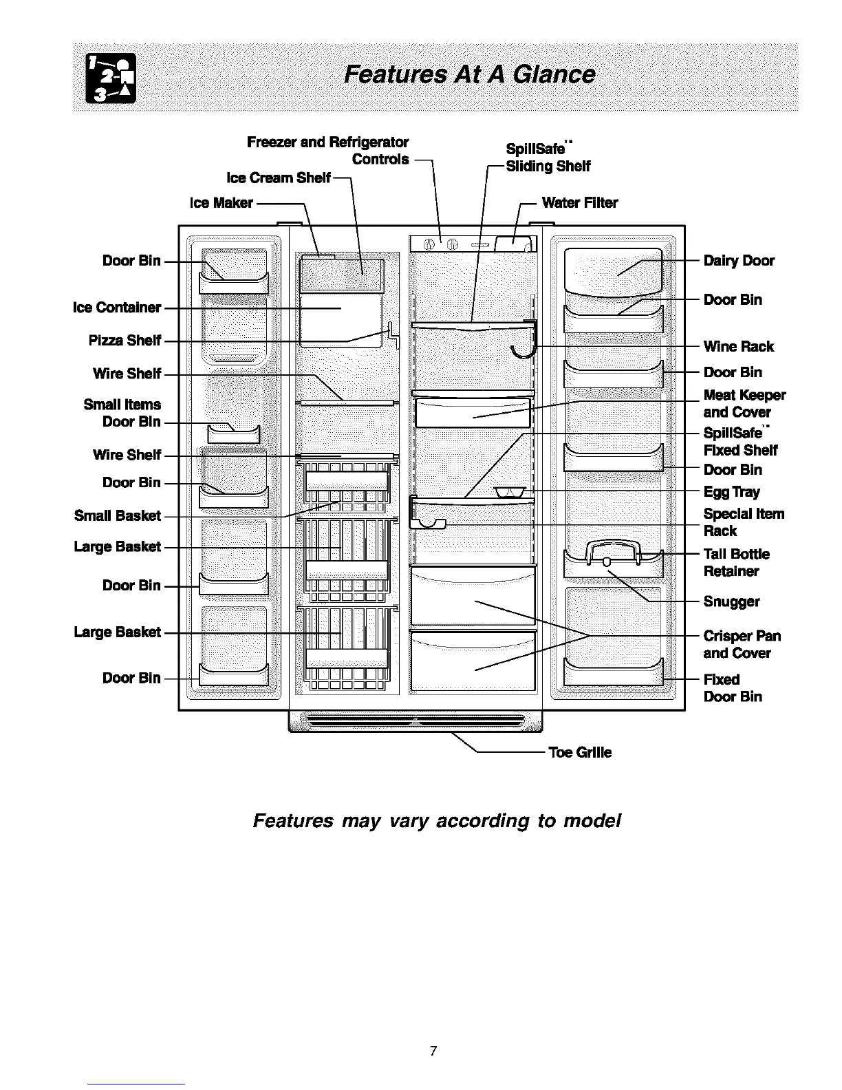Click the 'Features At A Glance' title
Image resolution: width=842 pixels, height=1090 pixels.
(x=470, y=74)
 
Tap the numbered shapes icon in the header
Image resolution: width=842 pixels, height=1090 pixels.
(x=110, y=78)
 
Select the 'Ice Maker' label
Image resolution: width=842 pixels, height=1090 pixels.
(x=222, y=203)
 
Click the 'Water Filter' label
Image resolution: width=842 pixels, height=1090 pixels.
(x=579, y=202)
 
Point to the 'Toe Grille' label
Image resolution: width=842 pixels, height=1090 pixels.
(x=579, y=752)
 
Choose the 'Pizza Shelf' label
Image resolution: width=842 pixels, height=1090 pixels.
(x=125, y=341)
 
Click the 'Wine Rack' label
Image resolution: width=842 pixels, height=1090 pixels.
(x=738, y=346)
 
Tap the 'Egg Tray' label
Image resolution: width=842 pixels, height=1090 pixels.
(x=731, y=492)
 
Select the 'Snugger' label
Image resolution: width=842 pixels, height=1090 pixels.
(x=731, y=601)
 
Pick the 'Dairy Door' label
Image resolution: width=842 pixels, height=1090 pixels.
(x=738, y=261)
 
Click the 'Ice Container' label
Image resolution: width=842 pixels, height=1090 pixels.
(x=116, y=308)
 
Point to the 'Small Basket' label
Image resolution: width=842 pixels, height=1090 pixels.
(x=117, y=515)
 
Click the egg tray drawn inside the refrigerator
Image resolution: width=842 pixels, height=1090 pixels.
(x=510, y=491)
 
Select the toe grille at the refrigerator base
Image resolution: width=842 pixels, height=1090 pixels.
(x=415, y=721)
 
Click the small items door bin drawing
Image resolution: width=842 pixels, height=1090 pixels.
(x=233, y=434)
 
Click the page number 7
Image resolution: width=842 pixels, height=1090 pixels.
(x=433, y=1051)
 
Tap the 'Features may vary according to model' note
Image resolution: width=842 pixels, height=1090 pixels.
(x=437, y=821)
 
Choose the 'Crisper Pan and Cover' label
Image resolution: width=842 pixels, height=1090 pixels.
(x=742, y=644)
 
